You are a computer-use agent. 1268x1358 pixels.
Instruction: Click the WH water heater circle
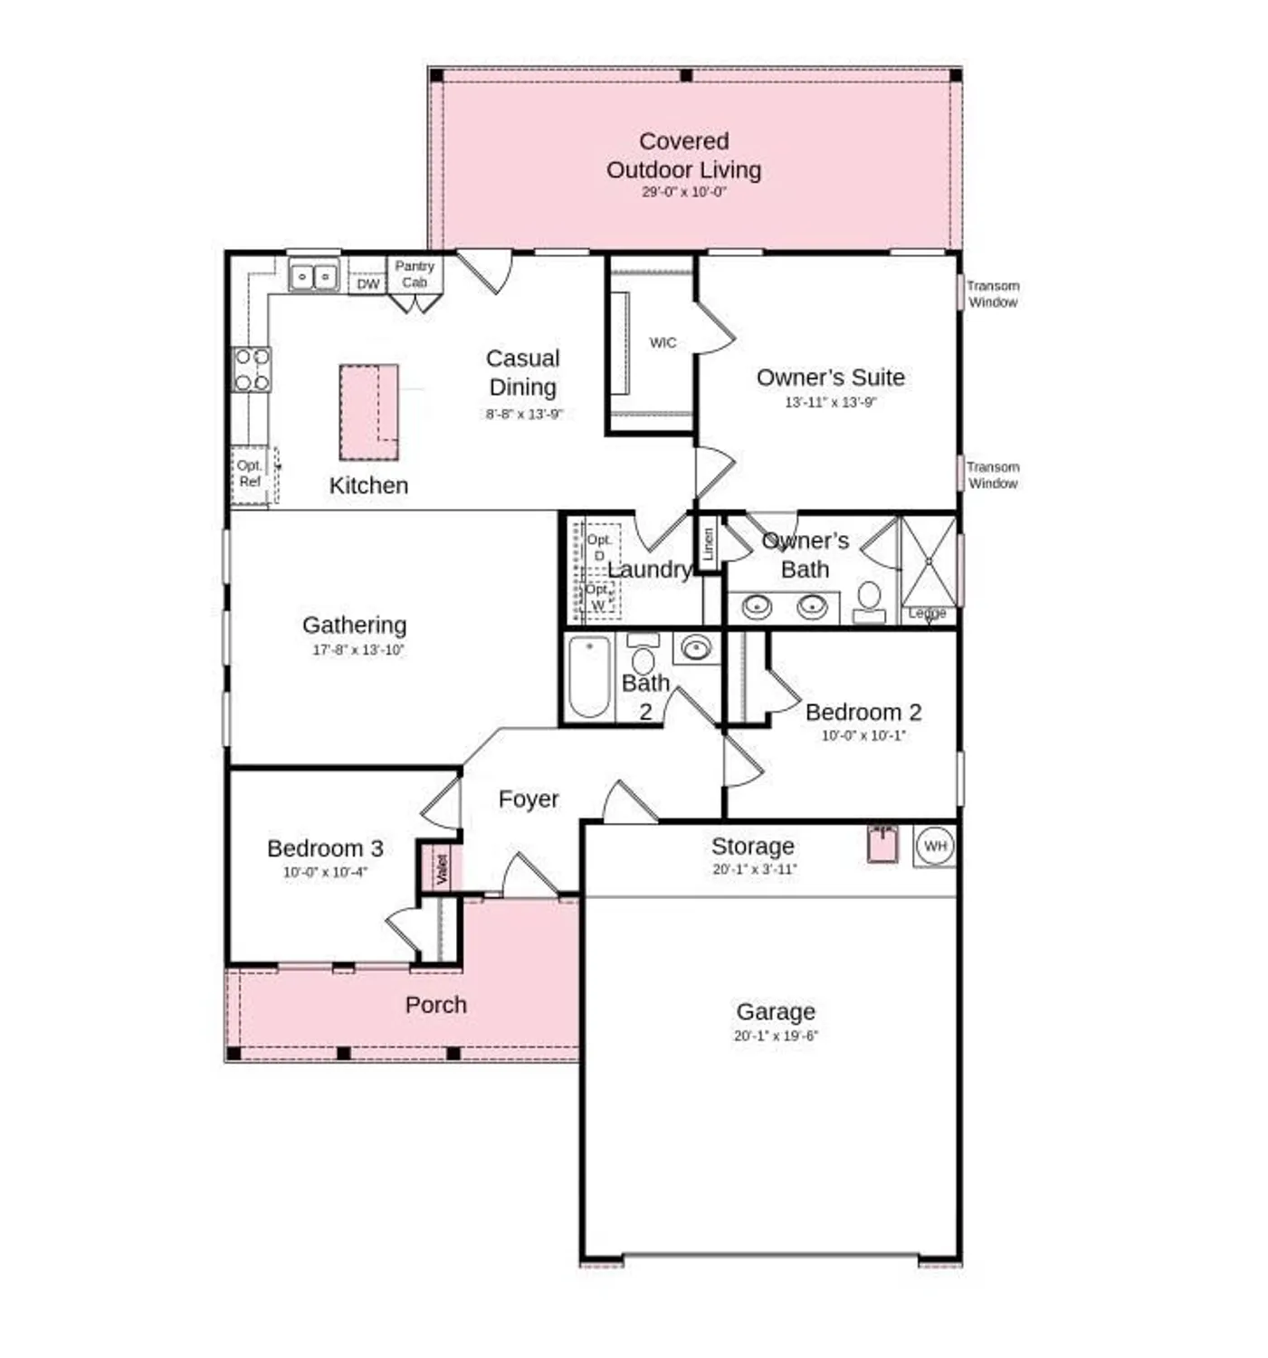[x=935, y=846]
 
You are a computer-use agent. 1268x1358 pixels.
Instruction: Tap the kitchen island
[x=368, y=412]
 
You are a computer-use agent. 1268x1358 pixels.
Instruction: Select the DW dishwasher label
[x=367, y=284]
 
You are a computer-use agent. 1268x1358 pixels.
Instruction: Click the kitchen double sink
[x=313, y=275]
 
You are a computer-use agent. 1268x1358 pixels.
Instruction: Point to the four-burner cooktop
[x=252, y=369]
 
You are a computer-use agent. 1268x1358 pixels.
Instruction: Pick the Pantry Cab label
[x=415, y=273]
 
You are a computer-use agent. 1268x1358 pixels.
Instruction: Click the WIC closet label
[x=663, y=342]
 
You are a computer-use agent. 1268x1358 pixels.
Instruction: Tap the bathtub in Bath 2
[x=589, y=676]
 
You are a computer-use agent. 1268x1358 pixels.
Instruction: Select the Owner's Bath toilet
[x=870, y=600]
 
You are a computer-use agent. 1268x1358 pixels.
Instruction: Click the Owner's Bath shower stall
[x=929, y=561]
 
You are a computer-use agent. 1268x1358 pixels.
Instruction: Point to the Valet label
[x=442, y=869]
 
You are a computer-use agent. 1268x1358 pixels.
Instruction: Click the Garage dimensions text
[x=776, y=1036]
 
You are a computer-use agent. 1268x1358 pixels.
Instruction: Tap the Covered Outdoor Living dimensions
[x=684, y=192]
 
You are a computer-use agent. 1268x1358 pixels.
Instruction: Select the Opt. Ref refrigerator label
[x=250, y=473]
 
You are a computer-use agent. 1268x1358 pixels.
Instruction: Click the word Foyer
[x=529, y=799]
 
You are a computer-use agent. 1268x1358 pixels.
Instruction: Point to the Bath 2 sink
[x=696, y=647]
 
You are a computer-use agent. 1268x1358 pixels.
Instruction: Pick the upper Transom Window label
[x=993, y=294]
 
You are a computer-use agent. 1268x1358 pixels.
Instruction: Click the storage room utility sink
[x=882, y=845]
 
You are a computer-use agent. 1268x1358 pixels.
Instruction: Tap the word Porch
[x=436, y=1005]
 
